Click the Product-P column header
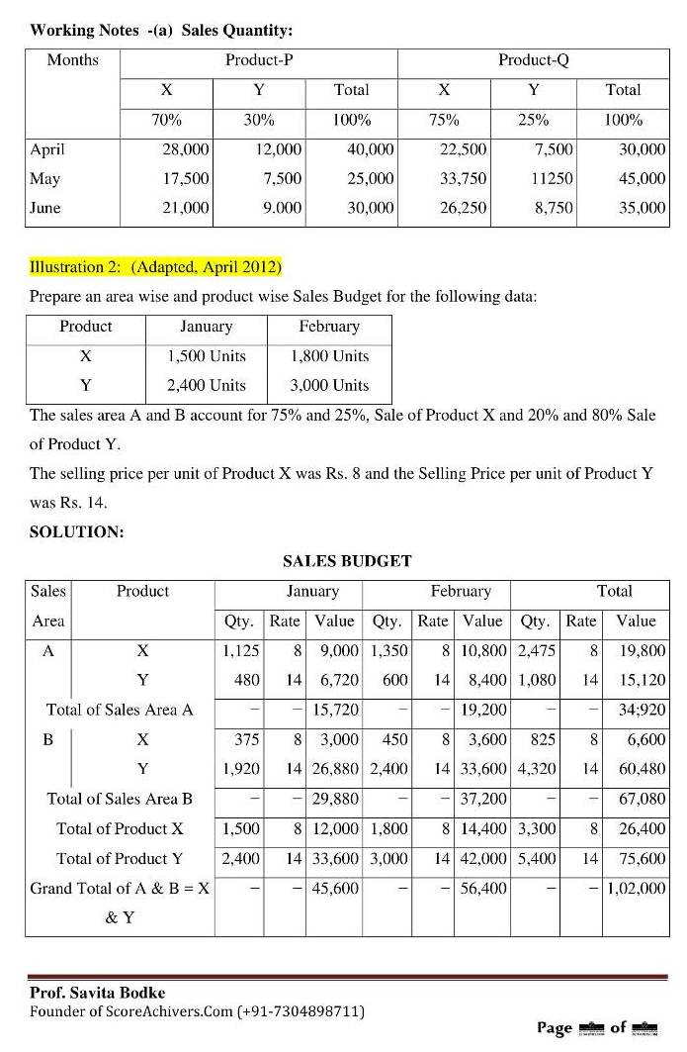pyautogui.click(x=259, y=60)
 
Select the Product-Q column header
pyautogui.click(x=533, y=60)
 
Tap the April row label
pyautogui.click(x=47, y=149)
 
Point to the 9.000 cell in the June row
pyautogui.click(x=282, y=208)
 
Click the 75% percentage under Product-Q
pyautogui.click(x=444, y=120)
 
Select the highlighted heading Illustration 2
pyautogui.click(x=155, y=267)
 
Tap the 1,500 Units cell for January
pyautogui.click(x=206, y=356)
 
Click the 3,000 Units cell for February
pyautogui.click(x=329, y=385)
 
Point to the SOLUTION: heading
pyautogui.click(x=77, y=531)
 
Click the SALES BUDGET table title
pyautogui.click(x=347, y=561)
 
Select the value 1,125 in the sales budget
pyautogui.click(x=240, y=650)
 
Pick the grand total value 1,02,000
pyautogui.click(x=636, y=888)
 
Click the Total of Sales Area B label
pyautogui.click(x=120, y=799)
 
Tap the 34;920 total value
pyautogui.click(x=640, y=710)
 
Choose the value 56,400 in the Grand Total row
pyautogui.click(x=484, y=888)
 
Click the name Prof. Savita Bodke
pyautogui.click(x=98, y=993)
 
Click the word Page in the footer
pyautogui.click(x=554, y=1028)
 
